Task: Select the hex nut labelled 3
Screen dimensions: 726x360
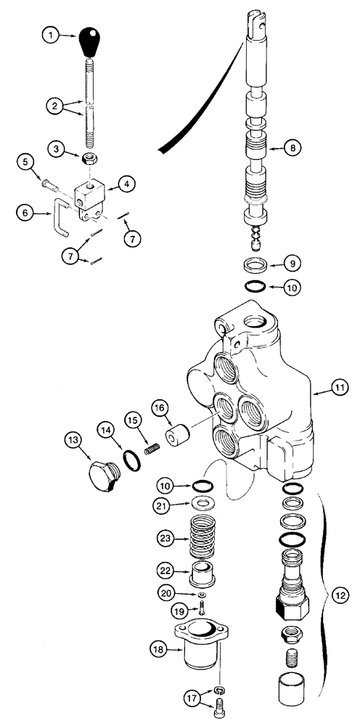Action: (89, 159)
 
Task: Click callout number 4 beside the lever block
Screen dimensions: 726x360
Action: (127, 184)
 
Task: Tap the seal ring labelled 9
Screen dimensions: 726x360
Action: (257, 262)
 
